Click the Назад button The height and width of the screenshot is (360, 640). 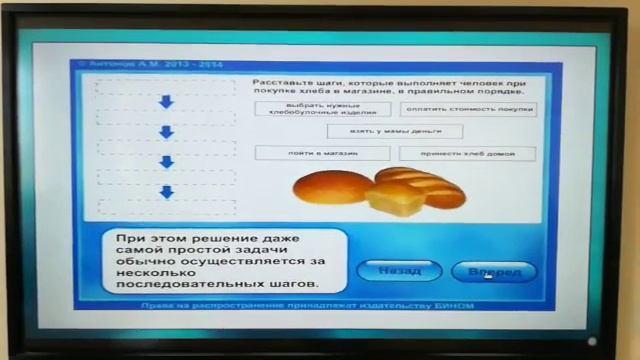399,271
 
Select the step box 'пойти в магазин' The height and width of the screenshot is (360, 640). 308,153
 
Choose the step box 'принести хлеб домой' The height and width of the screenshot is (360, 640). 466,154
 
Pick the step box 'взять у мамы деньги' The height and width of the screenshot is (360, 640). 395,131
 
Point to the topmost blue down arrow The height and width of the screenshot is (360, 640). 166,102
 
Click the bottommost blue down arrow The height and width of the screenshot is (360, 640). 166,191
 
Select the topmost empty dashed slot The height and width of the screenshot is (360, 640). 165,86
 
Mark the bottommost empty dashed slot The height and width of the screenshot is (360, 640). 165,207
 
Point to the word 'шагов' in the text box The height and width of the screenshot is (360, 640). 291,283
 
